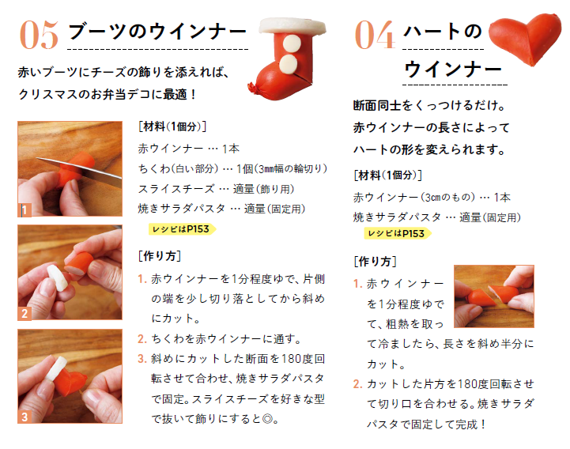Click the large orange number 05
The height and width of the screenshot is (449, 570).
click(x=39, y=35)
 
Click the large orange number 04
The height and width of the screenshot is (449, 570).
click(x=375, y=35)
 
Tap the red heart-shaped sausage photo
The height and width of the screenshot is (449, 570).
click(x=525, y=37)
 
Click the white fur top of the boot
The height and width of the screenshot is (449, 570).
click(x=292, y=26)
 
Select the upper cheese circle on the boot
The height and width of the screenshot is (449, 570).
click(x=292, y=44)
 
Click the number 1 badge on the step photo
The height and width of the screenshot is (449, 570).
click(x=25, y=210)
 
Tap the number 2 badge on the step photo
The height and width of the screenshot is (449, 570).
click(x=25, y=314)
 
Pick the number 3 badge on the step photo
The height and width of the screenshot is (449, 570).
click(x=25, y=417)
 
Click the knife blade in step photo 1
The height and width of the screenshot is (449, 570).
click(x=79, y=170)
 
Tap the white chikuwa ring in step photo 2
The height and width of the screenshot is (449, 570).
click(x=58, y=277)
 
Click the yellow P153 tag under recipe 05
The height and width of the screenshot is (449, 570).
click(x=182, y=229)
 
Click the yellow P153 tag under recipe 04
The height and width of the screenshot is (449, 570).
click(x=398, y=233)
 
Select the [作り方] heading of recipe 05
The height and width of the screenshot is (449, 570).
click(x=160, y=256)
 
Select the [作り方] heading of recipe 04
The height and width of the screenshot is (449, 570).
click(x=375, y=262)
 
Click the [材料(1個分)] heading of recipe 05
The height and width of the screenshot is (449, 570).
click(x=172, y=126)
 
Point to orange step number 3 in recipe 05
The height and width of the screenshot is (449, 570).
click(x=142, y=359)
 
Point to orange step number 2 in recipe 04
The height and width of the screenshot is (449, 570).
click(x=357, y=384)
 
